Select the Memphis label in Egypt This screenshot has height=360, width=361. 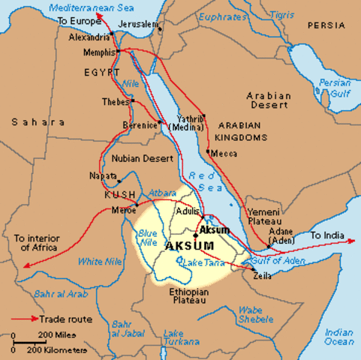(x=99, y=52)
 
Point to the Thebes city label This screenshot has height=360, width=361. (x=116, y=100)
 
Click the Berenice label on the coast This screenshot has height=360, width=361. (x=140, y=121)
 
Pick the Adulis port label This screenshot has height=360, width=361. (x=188, y=211)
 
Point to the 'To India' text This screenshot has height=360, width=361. (x=327, y=235)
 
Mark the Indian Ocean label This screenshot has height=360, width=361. (x=339, y=336)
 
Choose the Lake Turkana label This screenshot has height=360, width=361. (x=173, y=337)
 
